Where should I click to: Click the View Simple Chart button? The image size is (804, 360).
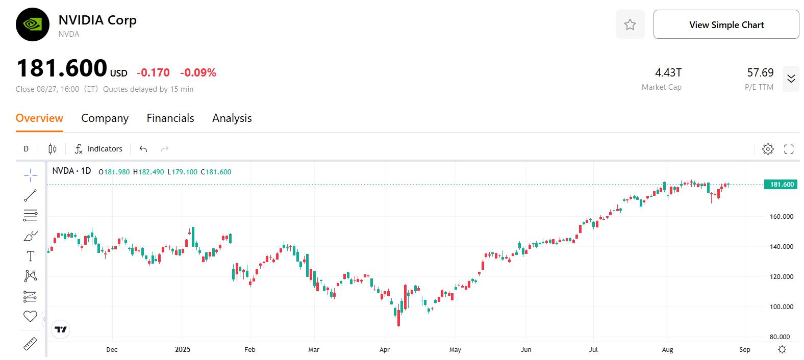coord(726,24)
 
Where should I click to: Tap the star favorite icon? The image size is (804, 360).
coord(630,24)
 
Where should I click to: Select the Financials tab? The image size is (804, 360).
coord(170,118)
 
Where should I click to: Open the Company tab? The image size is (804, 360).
coord(105,118)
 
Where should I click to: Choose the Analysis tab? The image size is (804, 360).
coord(232,118)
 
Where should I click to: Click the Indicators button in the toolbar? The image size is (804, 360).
coord(99,149)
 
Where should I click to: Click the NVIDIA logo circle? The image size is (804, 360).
coord(33,24)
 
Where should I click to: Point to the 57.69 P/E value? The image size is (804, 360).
coord(760,73)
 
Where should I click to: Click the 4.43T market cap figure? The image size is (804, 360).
coord(668,73)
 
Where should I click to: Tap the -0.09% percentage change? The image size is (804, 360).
coord(198,73)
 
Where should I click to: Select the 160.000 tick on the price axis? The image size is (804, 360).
coord(781,217)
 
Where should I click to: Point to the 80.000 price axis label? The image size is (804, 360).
coord(779,337)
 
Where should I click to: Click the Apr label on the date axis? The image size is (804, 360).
coord(385,350)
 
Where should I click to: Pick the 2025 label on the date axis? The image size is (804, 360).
coord(183,350)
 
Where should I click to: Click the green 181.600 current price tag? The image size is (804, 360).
coord(781,185)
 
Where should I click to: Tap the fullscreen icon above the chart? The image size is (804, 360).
coord(789,149)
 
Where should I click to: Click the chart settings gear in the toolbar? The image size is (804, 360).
coord(768,149)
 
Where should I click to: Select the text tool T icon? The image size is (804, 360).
coord(31,256)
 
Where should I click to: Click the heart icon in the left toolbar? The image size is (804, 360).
coord(31,316)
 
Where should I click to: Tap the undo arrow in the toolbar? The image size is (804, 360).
coord(143,149)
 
